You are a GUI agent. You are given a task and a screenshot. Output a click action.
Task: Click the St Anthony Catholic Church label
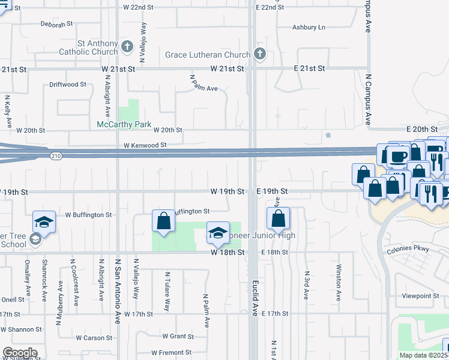(88, 47)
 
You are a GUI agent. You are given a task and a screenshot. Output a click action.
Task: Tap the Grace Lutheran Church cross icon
(259, 55)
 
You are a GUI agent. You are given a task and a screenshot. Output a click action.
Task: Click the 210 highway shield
(55, 156)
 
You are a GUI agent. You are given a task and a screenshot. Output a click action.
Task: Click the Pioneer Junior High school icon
(218, 233)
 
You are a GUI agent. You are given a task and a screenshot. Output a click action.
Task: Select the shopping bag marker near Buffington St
(164, 221)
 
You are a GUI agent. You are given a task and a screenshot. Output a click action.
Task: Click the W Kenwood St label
(144, 145)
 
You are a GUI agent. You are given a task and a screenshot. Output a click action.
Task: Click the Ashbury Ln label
(308, 27)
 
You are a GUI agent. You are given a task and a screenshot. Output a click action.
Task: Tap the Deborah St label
(56, 24)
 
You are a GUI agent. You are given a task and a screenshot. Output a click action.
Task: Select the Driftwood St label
(68, 85)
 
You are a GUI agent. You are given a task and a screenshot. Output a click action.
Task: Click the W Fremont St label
(171, 352)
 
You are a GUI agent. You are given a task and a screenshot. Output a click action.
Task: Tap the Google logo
(20, 353)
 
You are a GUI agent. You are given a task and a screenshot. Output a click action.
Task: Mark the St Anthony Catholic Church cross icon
(127, 46)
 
